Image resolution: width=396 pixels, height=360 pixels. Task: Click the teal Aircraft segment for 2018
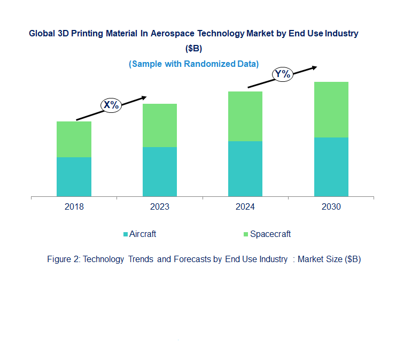tap(74, 177)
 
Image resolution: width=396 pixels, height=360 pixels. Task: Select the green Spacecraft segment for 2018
tap(74, 139)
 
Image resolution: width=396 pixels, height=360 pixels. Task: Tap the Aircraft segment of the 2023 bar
tap(160, 172)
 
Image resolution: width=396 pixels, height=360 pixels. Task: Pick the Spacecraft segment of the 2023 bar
tap(160, 125)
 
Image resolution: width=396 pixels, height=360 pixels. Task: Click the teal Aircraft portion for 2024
tap(245, 168)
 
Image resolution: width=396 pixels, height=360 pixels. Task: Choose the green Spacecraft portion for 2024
tap(245, 116)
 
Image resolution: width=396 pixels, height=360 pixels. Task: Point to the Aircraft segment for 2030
tap(331, 167)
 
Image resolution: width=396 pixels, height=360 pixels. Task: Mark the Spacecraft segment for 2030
tap(331, 110)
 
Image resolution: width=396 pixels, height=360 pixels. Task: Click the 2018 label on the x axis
tap(74, 207)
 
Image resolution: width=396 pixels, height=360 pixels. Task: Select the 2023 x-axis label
tap(160, 207)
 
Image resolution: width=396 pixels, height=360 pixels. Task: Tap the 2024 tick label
tap(245, 207)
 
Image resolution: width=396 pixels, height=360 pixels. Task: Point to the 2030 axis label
tap(331, 207)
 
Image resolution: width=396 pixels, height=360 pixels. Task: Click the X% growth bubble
tap(111, 105)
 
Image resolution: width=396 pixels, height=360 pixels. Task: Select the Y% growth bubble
tap(282, 74)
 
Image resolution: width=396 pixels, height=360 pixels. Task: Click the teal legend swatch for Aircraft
tap(126, 234)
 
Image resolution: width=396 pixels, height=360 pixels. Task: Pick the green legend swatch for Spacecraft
tap(246, 234)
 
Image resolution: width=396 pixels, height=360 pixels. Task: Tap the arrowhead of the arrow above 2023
tap(143, 97)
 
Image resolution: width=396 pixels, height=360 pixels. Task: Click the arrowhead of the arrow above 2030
tap(314, 67)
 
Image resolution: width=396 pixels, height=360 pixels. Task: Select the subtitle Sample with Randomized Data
tap(193, 64)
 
